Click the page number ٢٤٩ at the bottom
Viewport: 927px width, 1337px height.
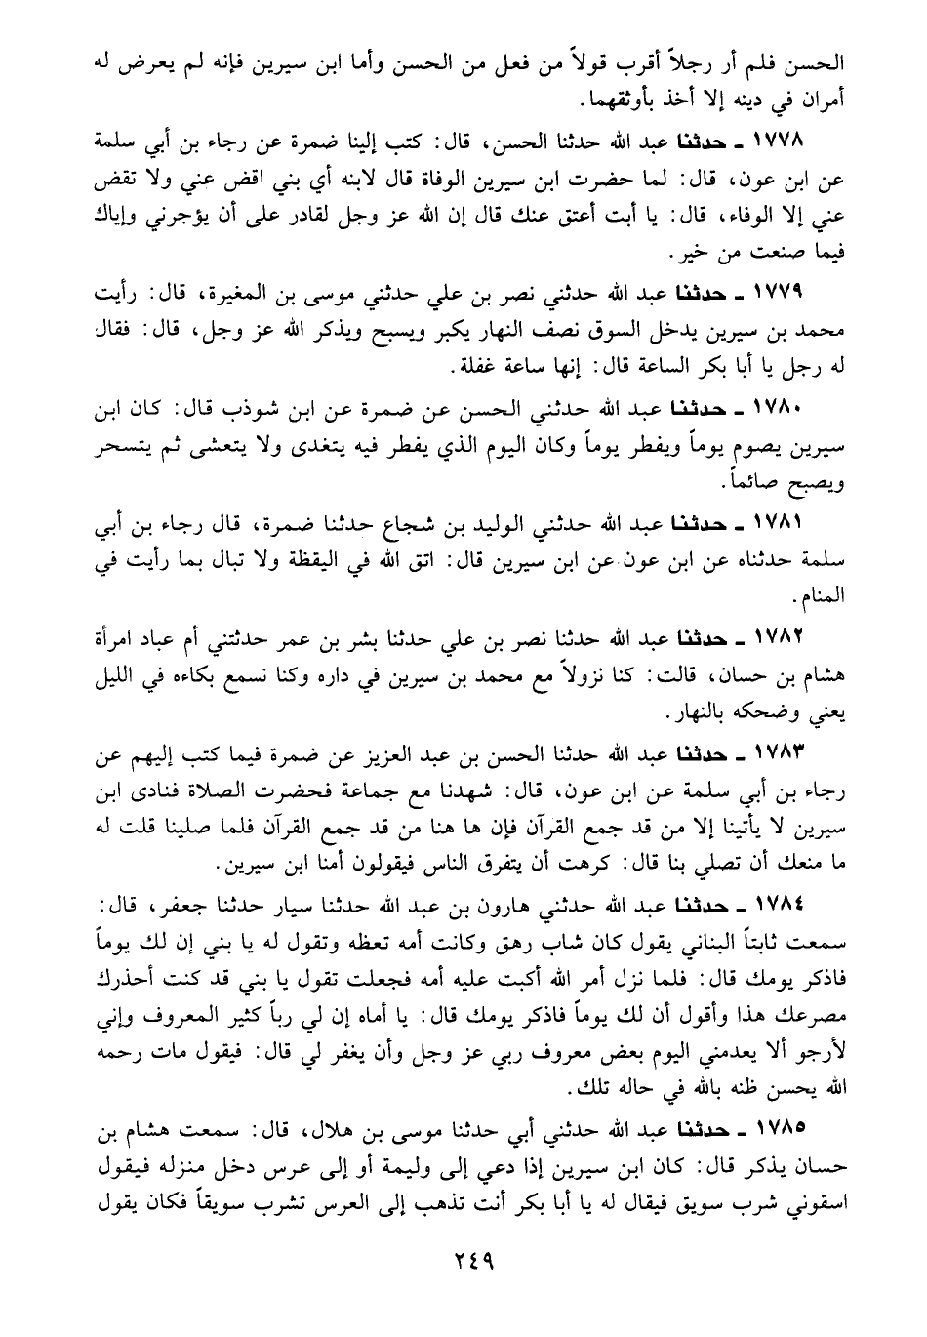tap(463, 1257)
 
